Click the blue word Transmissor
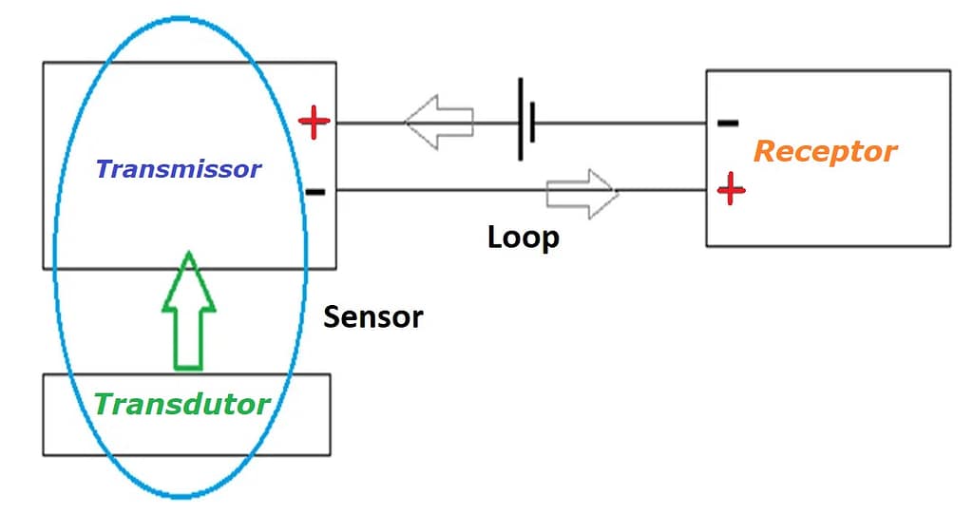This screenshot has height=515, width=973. pyautogui.click(x=178, y=169)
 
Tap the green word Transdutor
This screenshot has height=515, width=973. pyautogui.click(x=181, y=405)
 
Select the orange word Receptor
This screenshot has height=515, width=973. pyautogui.click(x=825, y=151)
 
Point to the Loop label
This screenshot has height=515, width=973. pyautogui.click(x=523, y=237)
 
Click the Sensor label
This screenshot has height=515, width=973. pyautogui.click(x=373, y=316)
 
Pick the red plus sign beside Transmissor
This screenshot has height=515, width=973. pyautogui.click(x=315, y=122)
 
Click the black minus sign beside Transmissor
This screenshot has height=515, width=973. pyautogui.click(x=315, y=192)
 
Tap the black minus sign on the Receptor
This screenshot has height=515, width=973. pyautogui.click(x=727, y=123)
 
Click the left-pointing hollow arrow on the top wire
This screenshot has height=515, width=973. pyautogui.click(x=438, y=122)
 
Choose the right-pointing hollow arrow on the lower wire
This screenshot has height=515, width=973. pyautogui.click(x=582, y=193)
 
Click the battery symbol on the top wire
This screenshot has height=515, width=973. pyautogui.click(x=526, y=121)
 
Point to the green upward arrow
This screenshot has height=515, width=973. pyautogui.click(x=190, y=310)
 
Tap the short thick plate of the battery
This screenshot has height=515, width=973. pyautogui.click(x=533, y=122)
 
